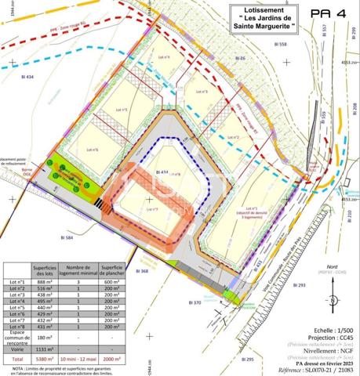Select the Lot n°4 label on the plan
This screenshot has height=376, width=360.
pyautogui.click(x=164, y=57)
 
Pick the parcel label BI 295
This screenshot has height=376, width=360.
pyautogui.click(x=245, y=359)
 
